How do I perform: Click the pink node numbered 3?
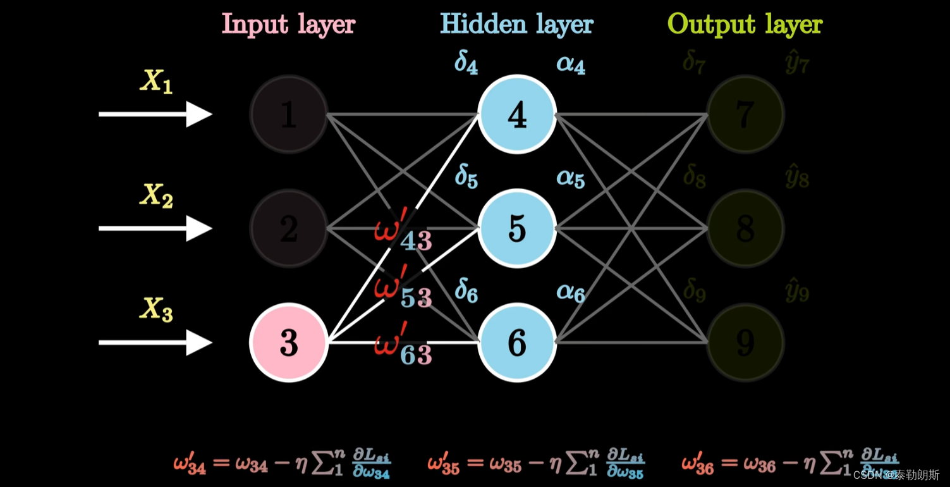click(289, 342)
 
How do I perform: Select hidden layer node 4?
click(517, 114)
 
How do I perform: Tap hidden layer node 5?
click(517, 228)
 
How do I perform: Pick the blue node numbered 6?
click(517, 342)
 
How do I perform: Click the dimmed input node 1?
click(289, 114)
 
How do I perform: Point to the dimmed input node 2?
click(289, 228)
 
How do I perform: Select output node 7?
click(745, 114)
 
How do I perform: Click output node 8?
click(745, 228)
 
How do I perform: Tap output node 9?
click(745, 342)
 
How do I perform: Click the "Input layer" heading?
click(288, 25)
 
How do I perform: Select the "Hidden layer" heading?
click(516, 25)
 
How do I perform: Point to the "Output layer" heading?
click(745, 25)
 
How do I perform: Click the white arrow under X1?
click(155, 114)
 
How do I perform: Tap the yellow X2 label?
click(156, 196)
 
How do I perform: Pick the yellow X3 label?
click(156, 310)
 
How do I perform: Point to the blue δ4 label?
click(466, 64)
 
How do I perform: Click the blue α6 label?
click(571, 292)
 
